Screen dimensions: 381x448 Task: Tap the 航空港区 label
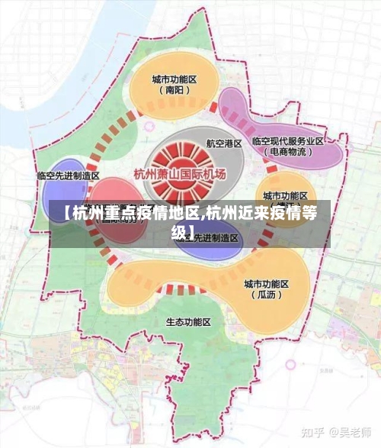224,143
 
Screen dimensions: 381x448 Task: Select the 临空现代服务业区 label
288,141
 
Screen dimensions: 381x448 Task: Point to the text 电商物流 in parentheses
289,153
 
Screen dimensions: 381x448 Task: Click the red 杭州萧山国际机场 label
180,174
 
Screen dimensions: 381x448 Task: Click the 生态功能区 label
188,322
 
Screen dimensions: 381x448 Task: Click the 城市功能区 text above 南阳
174,79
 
